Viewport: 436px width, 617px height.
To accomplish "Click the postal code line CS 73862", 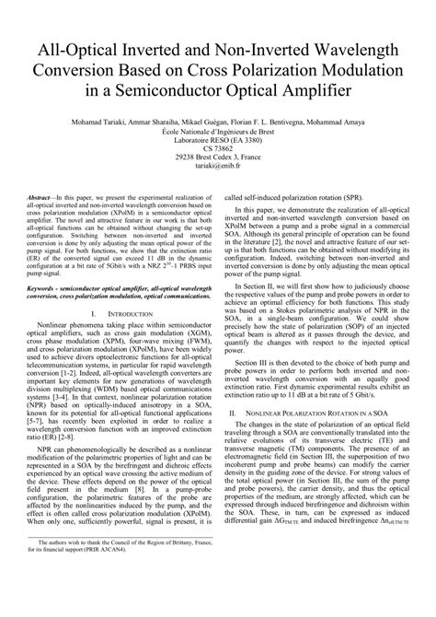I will [x=217, y=148].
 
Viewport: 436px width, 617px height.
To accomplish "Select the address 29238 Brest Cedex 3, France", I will [x=217, y=157].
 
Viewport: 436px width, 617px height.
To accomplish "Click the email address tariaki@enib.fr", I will [x=217, y=166].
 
